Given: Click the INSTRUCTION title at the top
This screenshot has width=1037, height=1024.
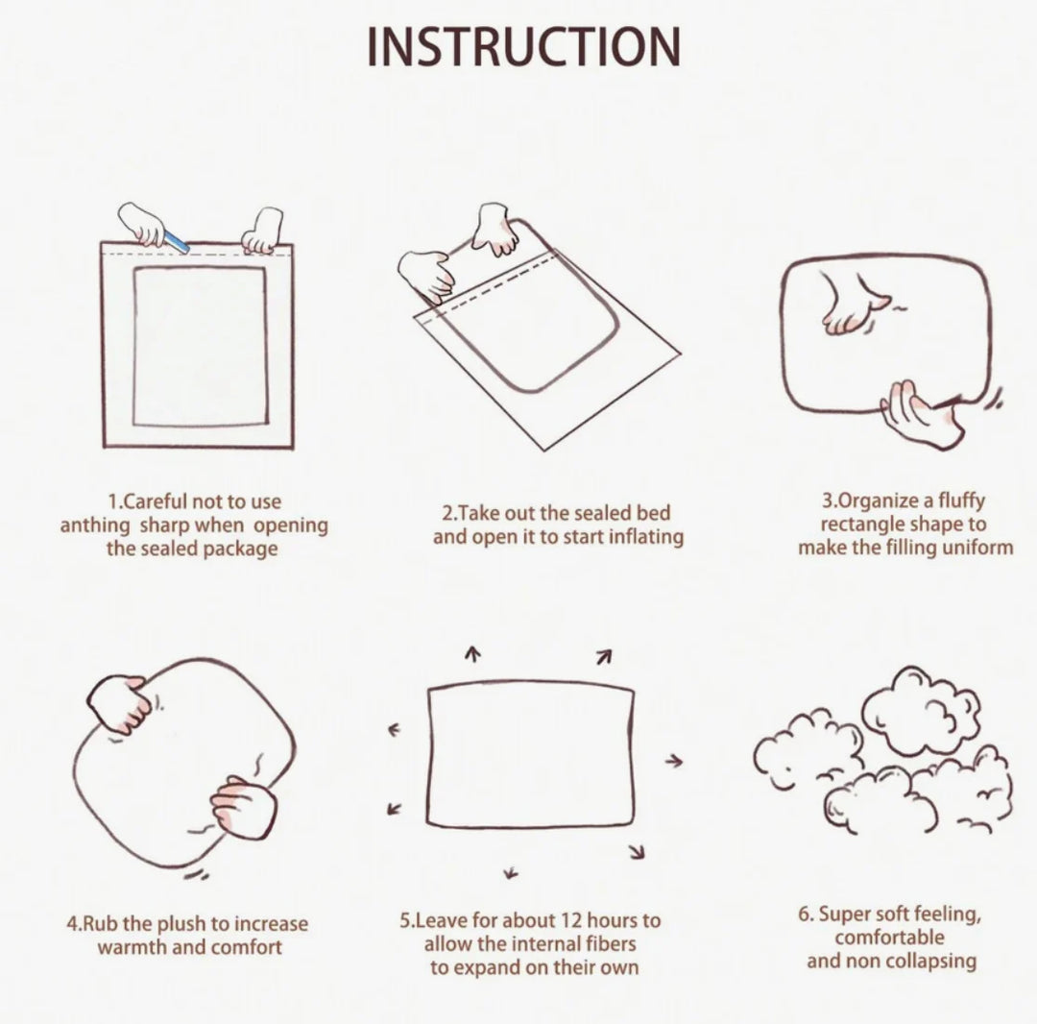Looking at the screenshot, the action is point(524,47).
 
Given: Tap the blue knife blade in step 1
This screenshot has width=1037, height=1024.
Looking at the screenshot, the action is point(176,241).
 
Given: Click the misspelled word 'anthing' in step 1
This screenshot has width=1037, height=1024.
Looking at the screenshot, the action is point(95,525).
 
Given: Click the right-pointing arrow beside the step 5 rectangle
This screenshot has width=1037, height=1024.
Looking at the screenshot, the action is point(673,762).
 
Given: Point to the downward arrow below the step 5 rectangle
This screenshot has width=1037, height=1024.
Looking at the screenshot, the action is point(510,873).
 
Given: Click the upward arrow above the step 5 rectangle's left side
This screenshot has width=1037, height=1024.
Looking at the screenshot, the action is point(471,653).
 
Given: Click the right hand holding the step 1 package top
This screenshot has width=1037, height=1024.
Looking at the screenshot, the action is point(263,231).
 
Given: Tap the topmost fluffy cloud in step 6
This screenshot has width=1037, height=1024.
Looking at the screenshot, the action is point(921,711).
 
